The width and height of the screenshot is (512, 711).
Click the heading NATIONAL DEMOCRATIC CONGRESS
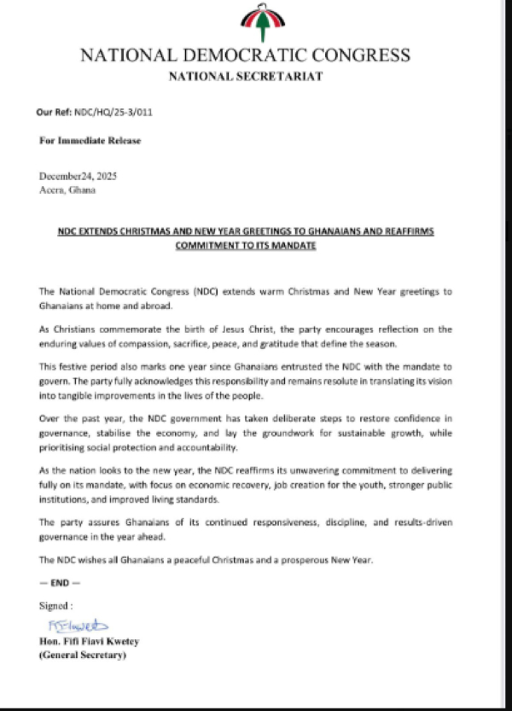(x=244, y=56)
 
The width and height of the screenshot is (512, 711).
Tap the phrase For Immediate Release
(x=90, y=140)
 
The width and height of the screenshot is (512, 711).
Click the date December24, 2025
(x=79, y=176)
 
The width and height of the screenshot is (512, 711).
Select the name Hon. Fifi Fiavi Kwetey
(x=96, y=641)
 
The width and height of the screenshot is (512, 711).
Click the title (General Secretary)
(x=84, y=656)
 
